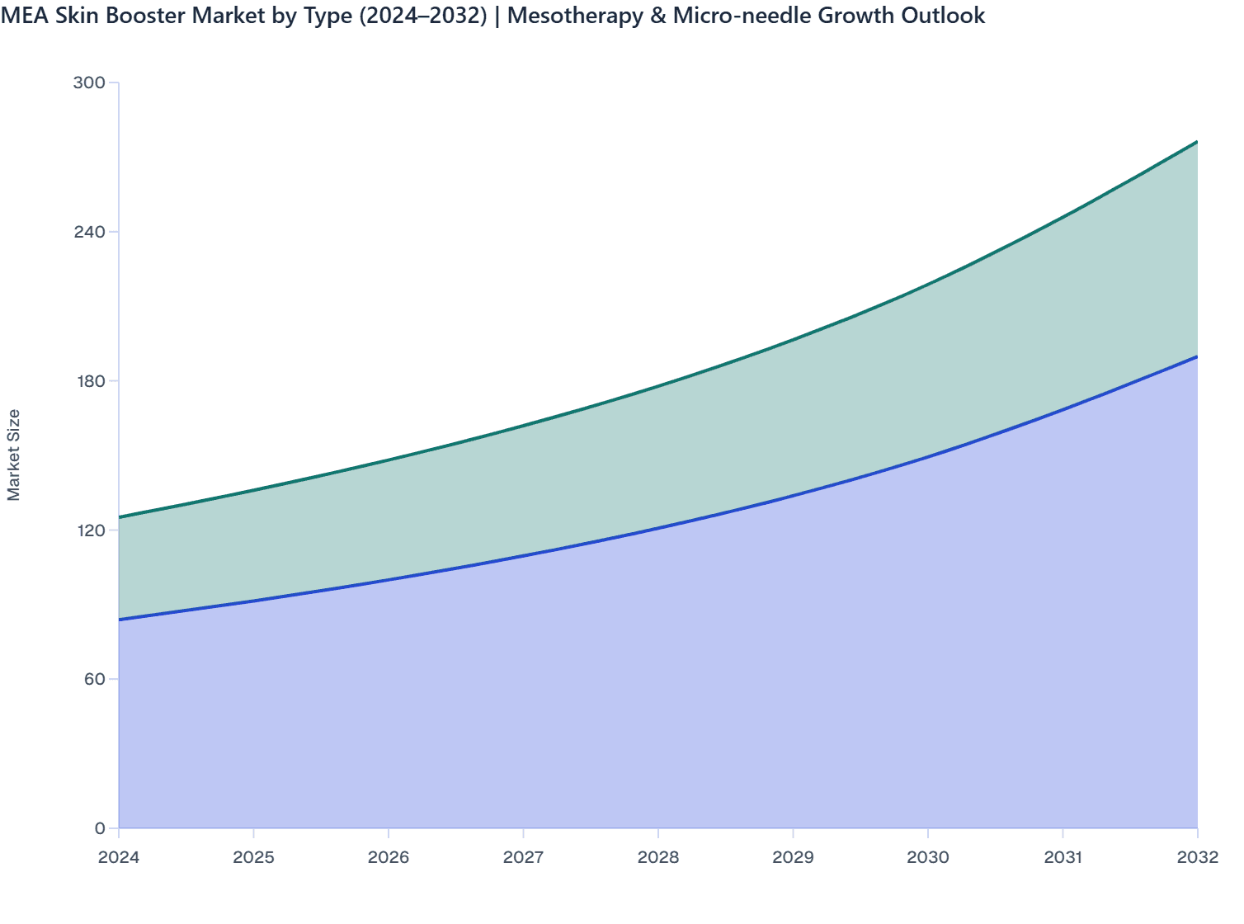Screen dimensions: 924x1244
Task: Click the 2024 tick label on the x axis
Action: point(119,857)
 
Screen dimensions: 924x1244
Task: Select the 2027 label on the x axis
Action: point(523,857)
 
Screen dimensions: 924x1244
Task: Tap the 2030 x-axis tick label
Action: point(928,857)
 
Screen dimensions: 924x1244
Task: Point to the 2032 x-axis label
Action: point(1198,857)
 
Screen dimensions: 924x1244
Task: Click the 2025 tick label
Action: point(253,857)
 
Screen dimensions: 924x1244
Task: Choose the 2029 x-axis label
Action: point(793,857)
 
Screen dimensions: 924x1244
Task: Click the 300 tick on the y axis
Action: point(89,82)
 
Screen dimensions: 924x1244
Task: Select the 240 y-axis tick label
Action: point(89,232)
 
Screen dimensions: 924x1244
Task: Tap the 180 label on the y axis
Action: point(89,381)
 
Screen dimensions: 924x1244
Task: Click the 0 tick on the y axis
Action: point(100,828)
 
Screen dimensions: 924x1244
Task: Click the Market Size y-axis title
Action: point(14,455)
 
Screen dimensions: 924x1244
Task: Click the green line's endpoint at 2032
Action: point(1197,142)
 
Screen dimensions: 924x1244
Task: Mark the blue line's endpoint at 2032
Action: point(1197,356)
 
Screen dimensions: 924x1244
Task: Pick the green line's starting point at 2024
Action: point(120,517)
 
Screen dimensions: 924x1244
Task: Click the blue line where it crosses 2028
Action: point(658,528)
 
